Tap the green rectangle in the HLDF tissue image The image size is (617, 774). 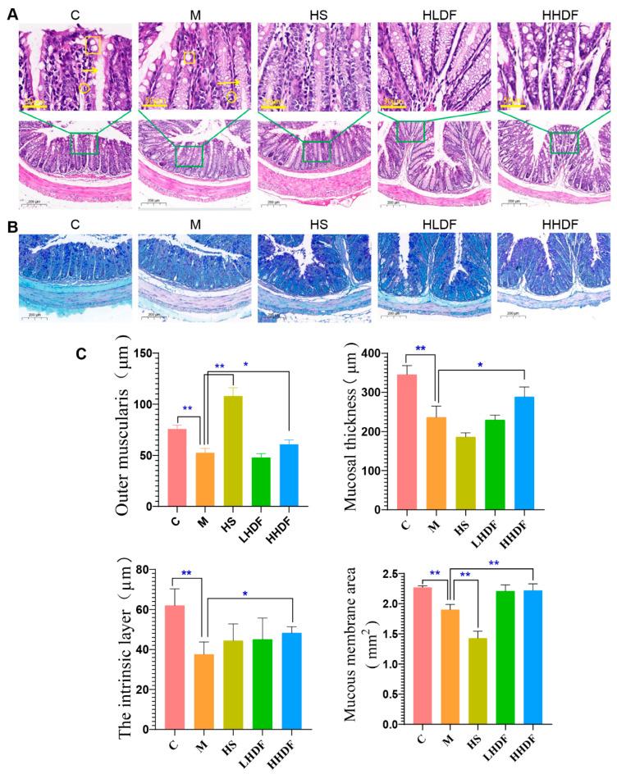click(410, 131)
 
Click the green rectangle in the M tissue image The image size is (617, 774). click(189, 153)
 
